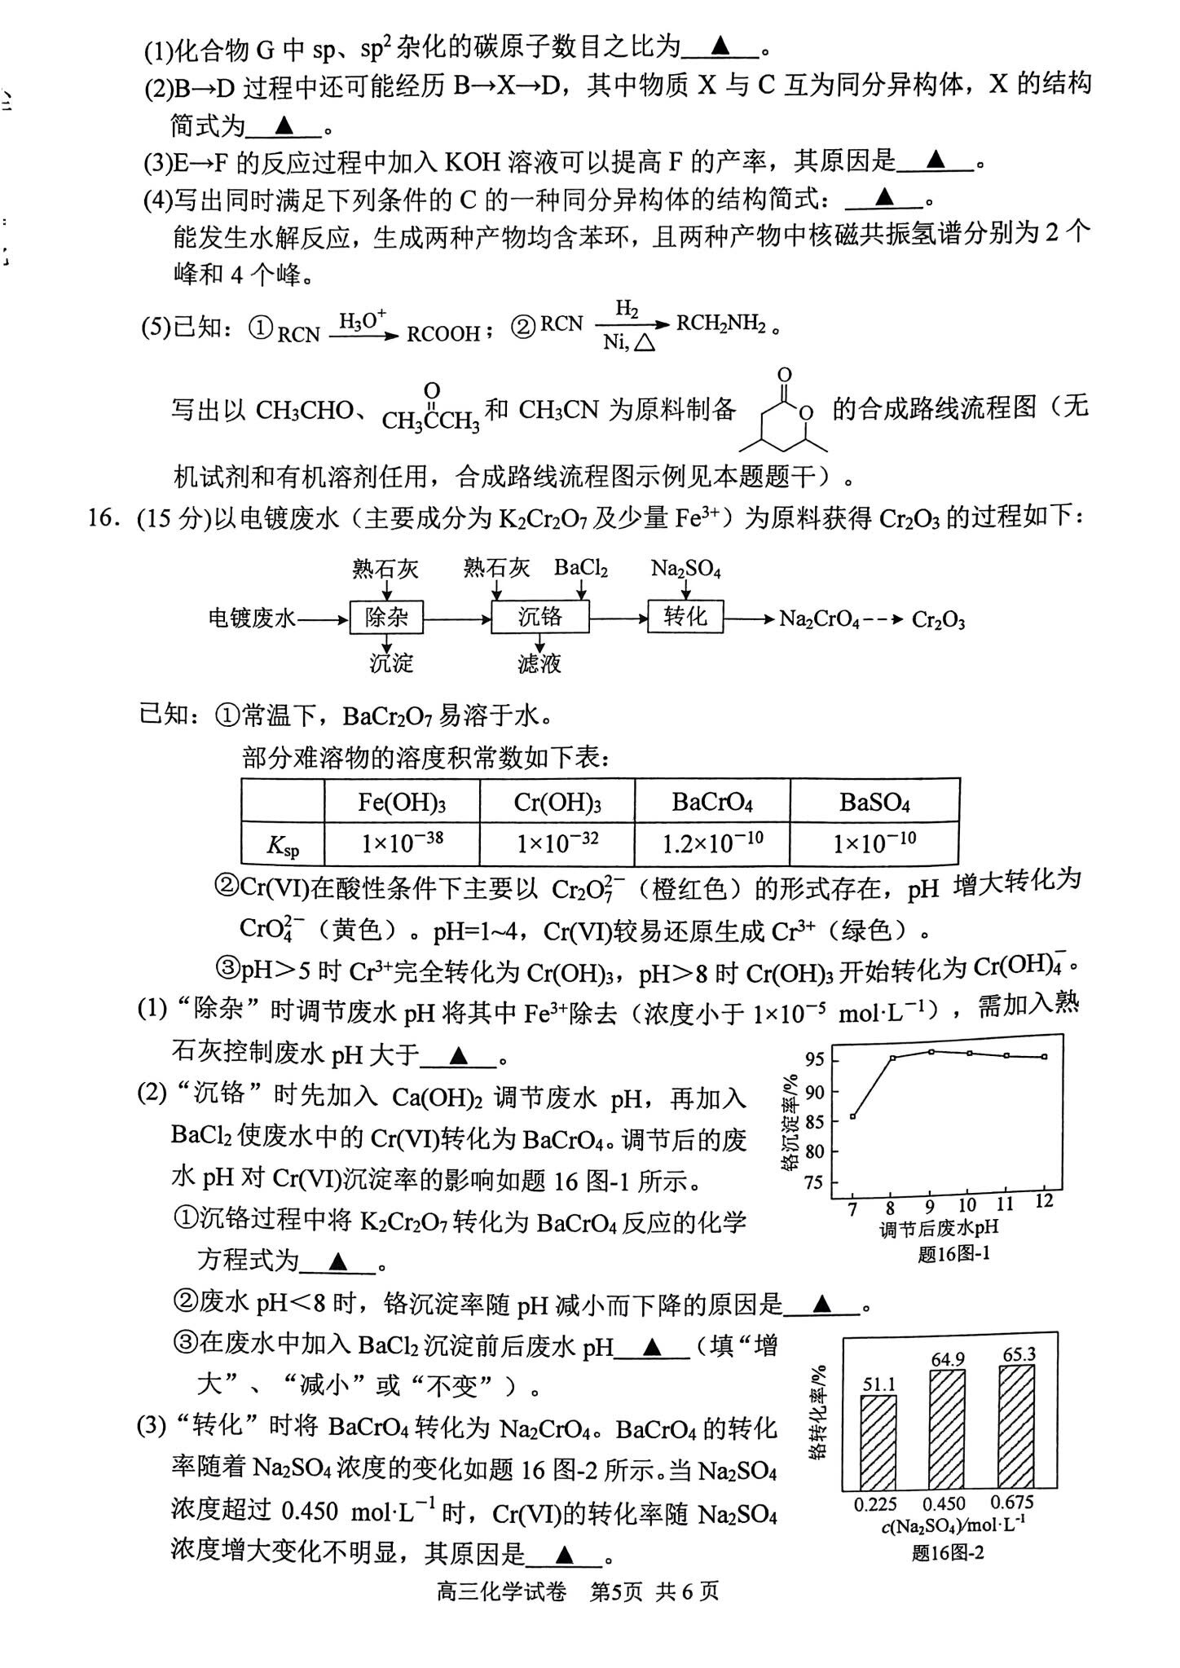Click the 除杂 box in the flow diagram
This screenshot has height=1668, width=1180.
point(387,618)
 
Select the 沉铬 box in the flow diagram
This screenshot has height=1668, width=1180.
point(539,617)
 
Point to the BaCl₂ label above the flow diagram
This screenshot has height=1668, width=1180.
point(581,568)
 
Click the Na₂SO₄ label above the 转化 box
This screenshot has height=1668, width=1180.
point(685,569)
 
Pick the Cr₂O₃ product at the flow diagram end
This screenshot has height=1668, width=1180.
point(938,620)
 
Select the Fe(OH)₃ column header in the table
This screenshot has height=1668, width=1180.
point(402,803)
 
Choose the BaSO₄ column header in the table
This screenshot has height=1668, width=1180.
point(874,803)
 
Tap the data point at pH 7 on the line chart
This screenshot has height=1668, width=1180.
point(853,1116)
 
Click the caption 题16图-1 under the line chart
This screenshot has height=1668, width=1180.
point(953,1253)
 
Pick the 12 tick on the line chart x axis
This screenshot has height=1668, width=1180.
point(1044,1201)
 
